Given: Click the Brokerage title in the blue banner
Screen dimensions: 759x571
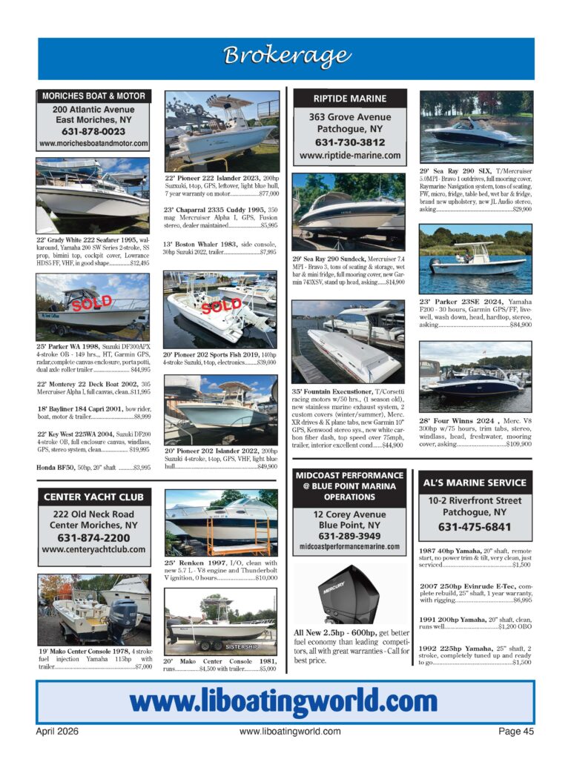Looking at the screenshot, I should pos(285,56).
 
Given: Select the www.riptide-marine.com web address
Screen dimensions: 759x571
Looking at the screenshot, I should pos(349,156).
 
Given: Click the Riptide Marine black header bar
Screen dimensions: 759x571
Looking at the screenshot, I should pos(350,98).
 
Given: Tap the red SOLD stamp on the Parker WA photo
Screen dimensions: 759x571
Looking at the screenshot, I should pos(91,302).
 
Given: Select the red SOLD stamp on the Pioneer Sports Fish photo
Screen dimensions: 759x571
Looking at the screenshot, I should pos(222,305).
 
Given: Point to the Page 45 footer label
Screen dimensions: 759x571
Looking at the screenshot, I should pos(516,731).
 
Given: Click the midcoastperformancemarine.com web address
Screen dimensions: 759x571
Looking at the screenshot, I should pos(349,547).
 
